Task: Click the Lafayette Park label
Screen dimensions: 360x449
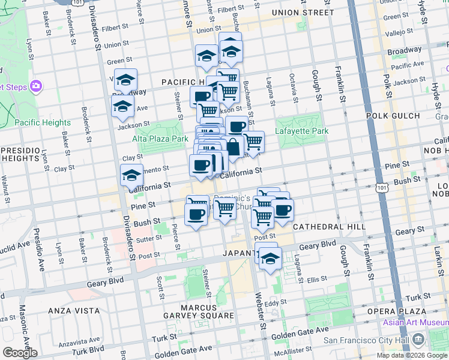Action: [302, 131]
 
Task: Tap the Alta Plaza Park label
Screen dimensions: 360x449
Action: [160, 138]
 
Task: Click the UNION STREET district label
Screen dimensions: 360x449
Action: [302, 13]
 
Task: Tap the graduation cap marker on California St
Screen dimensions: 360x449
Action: [131, 175]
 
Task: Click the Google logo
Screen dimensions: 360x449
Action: [20, 353]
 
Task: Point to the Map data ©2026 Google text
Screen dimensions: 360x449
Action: [412, 355]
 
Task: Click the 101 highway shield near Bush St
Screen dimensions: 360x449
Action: [382, 188]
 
